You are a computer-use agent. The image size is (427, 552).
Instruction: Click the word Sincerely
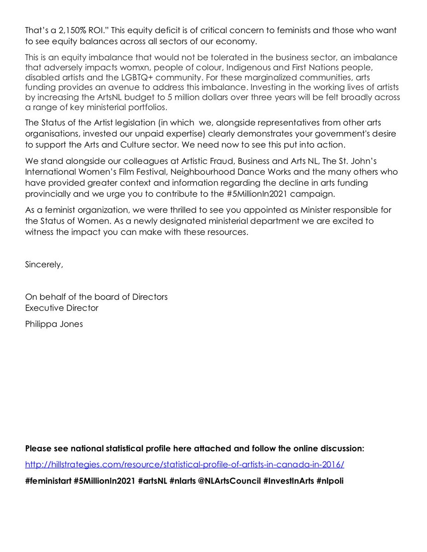pos(44,264)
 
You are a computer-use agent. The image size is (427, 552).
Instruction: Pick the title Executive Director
pos(62,308)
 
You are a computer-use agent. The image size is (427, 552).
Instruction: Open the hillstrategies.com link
pos(184,465)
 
